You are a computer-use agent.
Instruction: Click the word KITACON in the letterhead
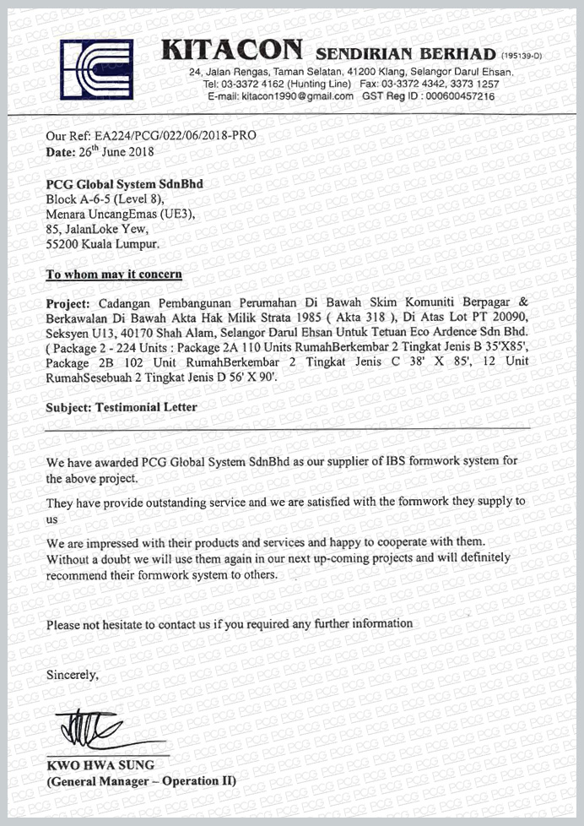(231, 52)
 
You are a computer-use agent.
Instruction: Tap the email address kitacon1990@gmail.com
(297, 96)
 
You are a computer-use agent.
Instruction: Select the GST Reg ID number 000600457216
(460, 96)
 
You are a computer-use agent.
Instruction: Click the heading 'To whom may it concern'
(113, 274)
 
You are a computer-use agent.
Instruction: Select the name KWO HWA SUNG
(95, 765)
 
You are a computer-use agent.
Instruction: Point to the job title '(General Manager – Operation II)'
(140, 781)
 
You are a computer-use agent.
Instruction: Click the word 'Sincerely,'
(73, 675)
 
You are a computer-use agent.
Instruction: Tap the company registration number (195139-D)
(525, 55)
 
